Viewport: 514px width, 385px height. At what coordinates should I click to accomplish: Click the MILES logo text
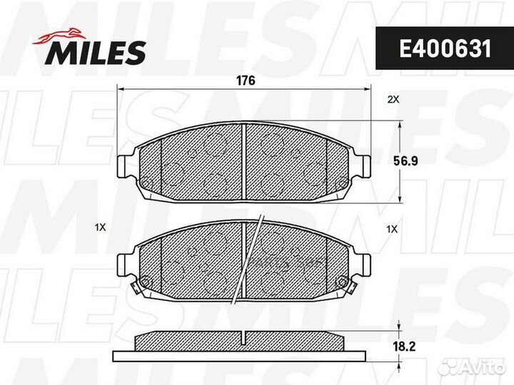coord(96,51)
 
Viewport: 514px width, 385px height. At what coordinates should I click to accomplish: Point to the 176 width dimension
coord(245,81)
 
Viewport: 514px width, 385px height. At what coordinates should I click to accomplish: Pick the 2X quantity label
coord(393,100)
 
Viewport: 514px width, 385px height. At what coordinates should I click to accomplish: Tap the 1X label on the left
coord(100,228)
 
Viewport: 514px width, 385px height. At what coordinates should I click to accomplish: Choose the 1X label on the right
coord(391,229)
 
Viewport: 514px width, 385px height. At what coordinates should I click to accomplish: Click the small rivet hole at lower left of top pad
coord(148,186)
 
